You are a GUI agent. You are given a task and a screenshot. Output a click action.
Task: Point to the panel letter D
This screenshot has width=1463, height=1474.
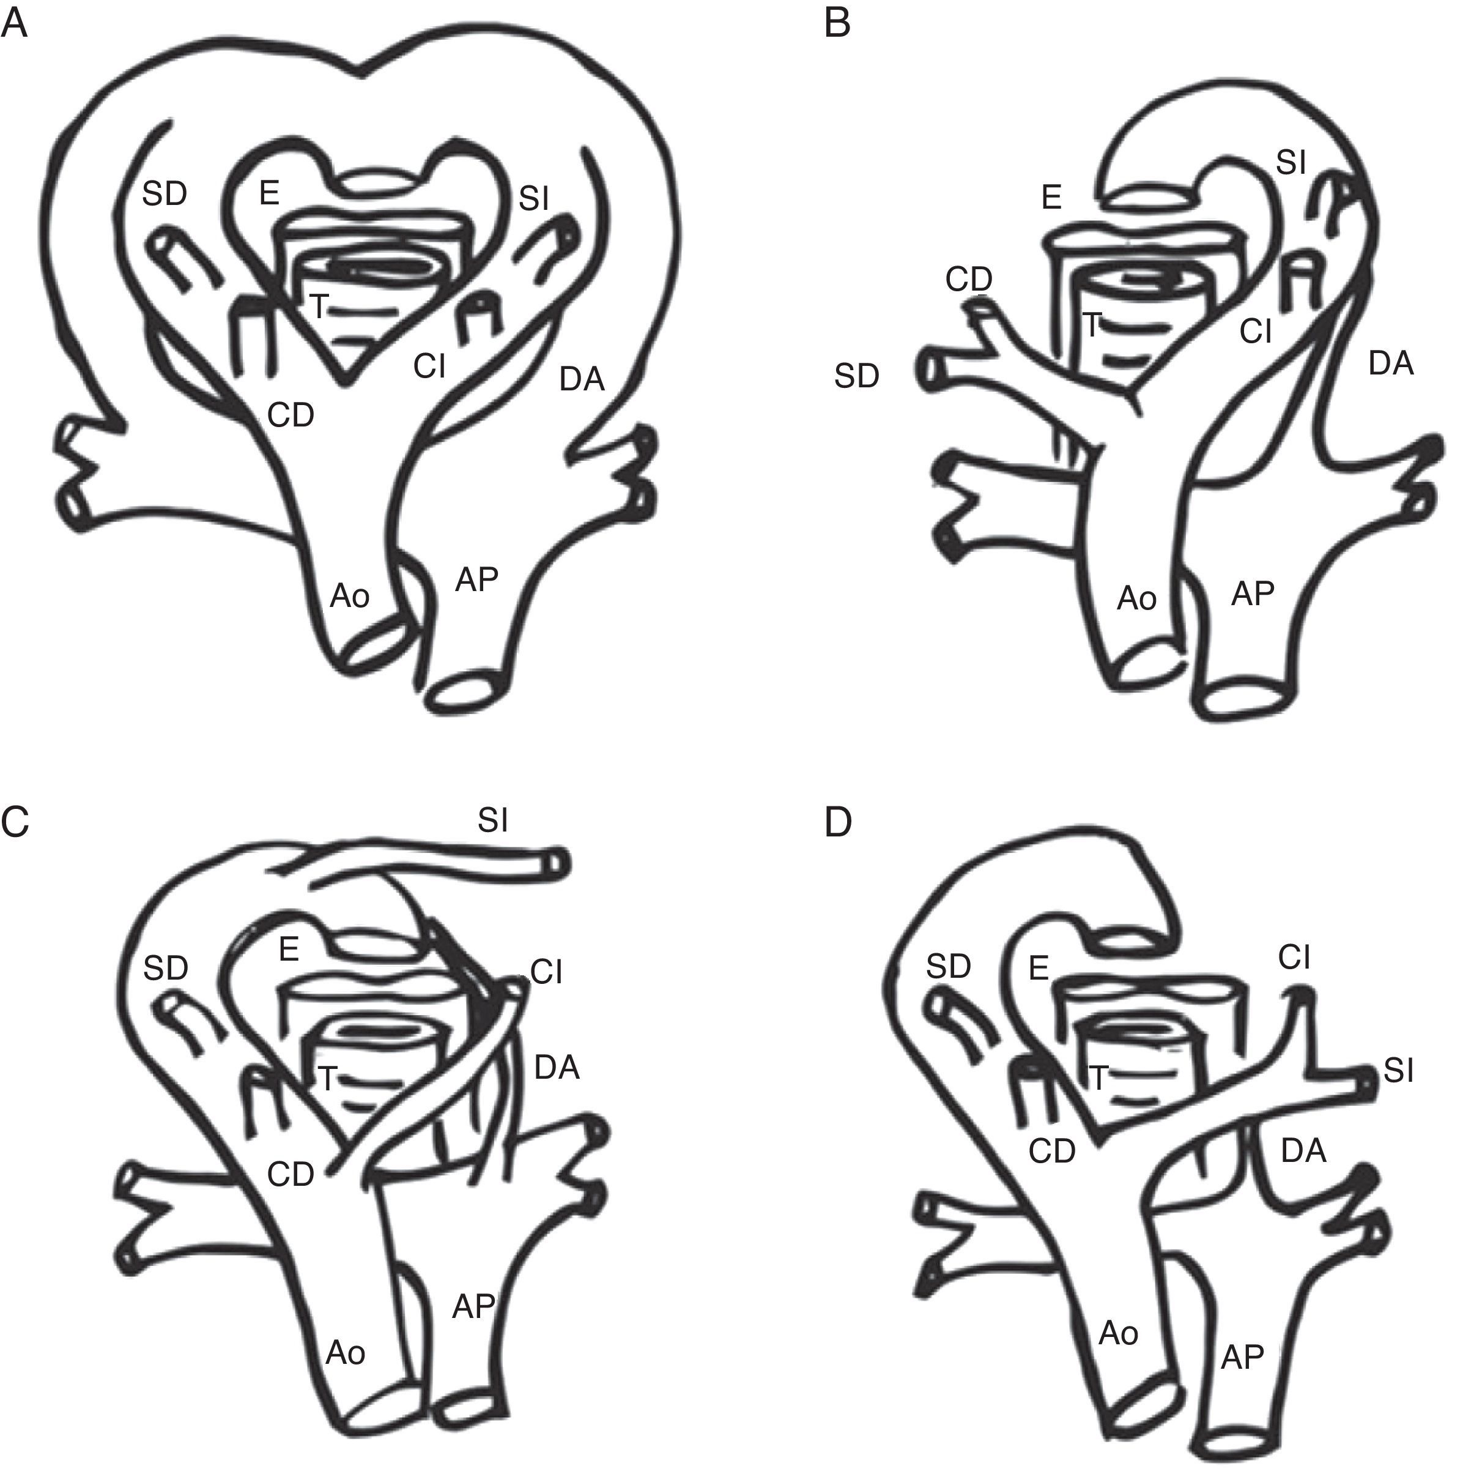click(x=839, y=822)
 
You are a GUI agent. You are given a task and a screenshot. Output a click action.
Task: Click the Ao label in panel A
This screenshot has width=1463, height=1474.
click(x=350, y=596)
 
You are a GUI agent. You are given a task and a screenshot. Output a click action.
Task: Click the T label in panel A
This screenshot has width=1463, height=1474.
click(x=319, y=307)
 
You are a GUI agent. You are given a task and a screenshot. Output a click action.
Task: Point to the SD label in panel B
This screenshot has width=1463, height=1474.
click(x=857, y=376)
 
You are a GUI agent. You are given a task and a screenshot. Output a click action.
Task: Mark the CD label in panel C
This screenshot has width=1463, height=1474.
click(x=291, y=1175)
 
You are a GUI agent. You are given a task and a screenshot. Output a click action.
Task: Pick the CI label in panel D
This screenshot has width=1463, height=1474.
click(x=1294, y=958)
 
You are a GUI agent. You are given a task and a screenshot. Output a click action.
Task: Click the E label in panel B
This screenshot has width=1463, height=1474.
click(x=1051, y=198)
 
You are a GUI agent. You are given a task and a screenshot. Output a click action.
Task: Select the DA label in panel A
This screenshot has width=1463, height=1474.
click(x=582, y=378)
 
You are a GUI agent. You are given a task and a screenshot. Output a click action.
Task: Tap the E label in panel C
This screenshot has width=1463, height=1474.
click(x=288, y=949)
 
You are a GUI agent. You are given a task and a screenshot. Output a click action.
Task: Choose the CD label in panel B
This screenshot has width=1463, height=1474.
click(x=969, y=280)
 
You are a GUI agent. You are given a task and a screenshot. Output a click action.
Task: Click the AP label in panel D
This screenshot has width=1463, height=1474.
click(x=1243, y=1357)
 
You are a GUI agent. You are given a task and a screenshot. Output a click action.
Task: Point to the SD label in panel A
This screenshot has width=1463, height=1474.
click(x=165, y=195)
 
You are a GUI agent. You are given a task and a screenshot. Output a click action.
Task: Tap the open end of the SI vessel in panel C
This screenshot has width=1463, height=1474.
click(x=558, y=863)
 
